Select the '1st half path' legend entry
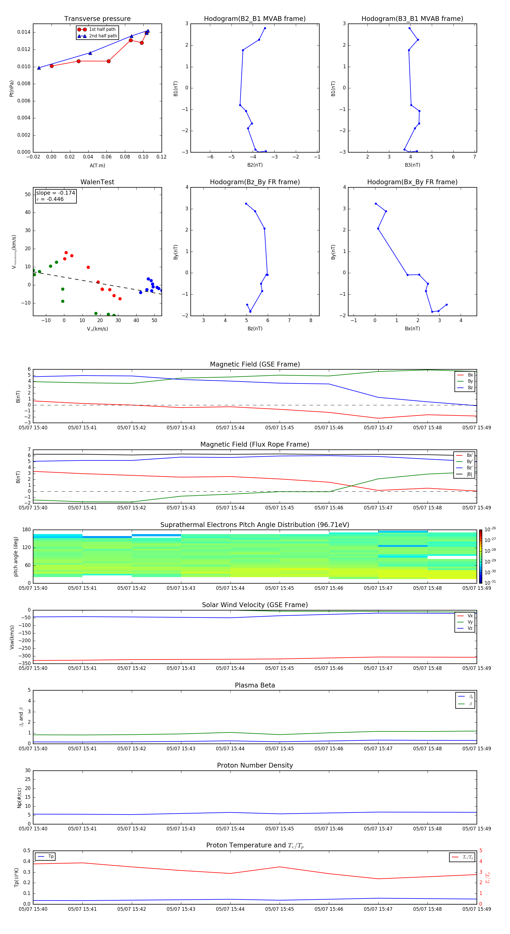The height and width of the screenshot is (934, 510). pos(102,29)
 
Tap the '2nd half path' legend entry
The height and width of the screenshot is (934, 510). pos(103,36)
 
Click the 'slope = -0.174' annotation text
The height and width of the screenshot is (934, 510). pos(56,193)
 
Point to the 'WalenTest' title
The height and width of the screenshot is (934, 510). pos(97,182)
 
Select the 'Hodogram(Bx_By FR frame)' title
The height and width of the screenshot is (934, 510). pos(412,182)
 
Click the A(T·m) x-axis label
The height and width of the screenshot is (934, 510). pos(97,165)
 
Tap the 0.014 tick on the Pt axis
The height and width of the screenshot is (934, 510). pos(24,32)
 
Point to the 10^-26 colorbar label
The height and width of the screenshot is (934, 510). pos(490,529)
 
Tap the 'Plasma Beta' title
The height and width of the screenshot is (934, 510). pos(254,685)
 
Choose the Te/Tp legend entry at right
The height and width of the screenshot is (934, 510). pos(467,857)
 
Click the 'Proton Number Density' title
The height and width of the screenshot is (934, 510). pos(254,765)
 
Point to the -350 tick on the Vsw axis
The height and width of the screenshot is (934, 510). pos(24,663)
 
